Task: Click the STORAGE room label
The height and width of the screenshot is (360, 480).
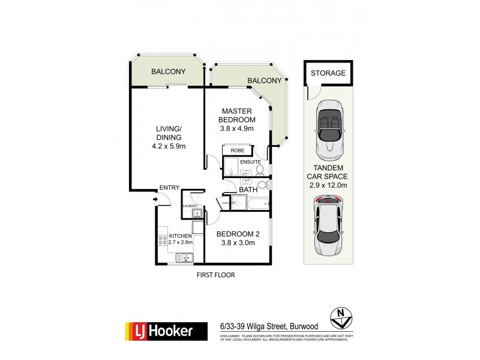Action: pos(328,73)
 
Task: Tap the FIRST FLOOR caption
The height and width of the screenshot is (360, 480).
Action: pos(215,275)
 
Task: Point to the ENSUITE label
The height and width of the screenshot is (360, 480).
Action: pos(250,161)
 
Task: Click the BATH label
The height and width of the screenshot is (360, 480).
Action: pos(248,190)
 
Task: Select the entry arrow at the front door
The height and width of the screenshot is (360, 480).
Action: pos(156,199)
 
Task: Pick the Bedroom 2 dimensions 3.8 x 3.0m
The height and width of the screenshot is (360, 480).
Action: pos(236,243)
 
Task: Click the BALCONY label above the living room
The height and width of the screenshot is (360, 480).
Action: pos(168,72)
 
